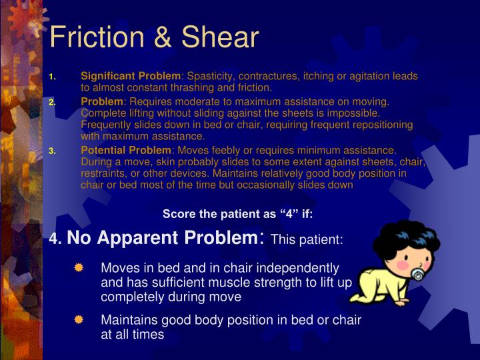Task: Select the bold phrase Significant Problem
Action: pos(131,77)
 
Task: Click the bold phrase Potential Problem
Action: pos(126,151)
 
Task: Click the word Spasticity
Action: pos(209,77)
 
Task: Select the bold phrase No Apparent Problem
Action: pos(162,238)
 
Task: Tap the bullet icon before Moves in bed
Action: pos(79,268)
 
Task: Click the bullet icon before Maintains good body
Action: pos(79,320)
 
